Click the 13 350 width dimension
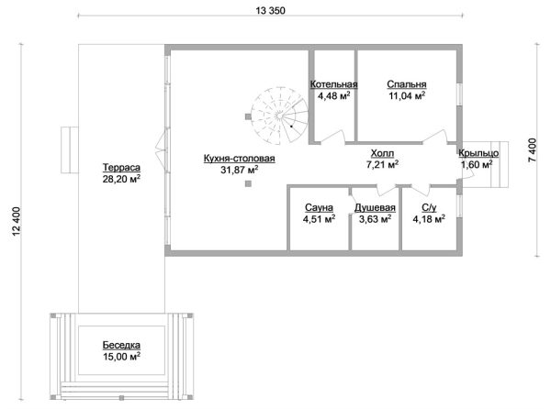click(270, 11)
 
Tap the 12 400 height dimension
click(17, 221)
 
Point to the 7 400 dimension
click(533, 149)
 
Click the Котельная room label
click(334, 84)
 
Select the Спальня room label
click(407, 84)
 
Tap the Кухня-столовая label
click(240, 159)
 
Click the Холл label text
click(382, 153)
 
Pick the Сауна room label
click(319, 207)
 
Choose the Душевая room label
click(375, 207)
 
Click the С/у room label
click(429, 207)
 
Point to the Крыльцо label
click(478, 153)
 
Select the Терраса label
click(121, 167)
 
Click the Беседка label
click(121, 345)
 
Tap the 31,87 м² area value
click(240, 170)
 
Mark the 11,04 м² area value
click(407, 95)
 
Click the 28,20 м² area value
click(121, 179)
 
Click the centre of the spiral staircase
click(279, 115)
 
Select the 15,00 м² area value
click(121, 357)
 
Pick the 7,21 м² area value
click(382, 164)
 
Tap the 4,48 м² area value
click(334, 95)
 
